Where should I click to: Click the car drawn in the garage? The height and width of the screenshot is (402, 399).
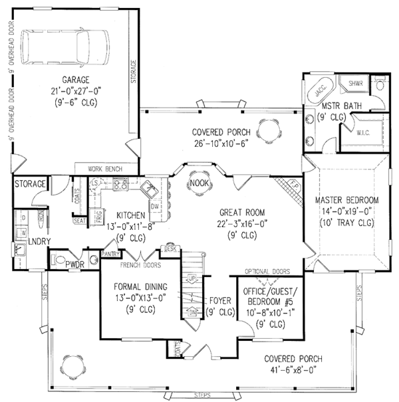(64, 48)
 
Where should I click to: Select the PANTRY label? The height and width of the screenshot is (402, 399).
(110, 254)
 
